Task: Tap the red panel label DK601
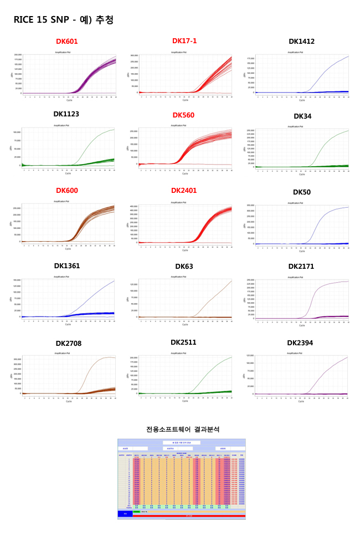point(67,42)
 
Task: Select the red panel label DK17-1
point(184,41)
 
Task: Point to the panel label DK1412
point(301,42)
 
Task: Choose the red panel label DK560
point(183,115)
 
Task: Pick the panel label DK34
point(302,116)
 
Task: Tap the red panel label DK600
point(67,191)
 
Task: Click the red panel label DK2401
point(184,191)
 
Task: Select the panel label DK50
point(302,192)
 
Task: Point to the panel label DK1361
point(66,266)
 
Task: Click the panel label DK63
point(184,267)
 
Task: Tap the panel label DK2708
point(68,344)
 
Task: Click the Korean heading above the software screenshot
point(183,429)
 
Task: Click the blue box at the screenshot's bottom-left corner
point(125,514)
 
